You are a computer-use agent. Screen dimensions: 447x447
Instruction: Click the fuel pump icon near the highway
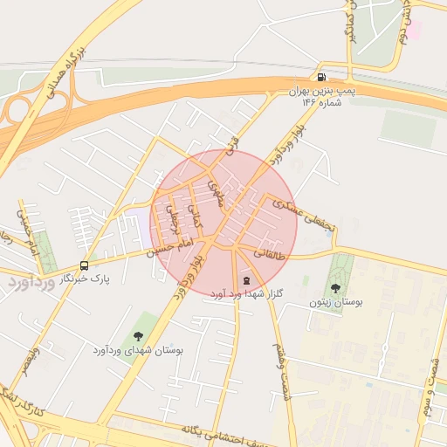324,77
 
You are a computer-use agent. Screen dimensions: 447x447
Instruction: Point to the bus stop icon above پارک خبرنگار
84,265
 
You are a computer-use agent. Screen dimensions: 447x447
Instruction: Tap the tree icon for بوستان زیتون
335,288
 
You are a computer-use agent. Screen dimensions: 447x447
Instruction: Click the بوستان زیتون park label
335,302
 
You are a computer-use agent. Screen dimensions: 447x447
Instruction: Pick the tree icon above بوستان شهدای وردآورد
136,336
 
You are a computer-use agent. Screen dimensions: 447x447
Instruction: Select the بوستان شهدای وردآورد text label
138,350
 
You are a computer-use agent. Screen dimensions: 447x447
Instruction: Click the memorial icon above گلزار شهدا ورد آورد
245,280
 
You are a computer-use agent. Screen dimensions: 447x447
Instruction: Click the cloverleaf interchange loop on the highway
17,111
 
